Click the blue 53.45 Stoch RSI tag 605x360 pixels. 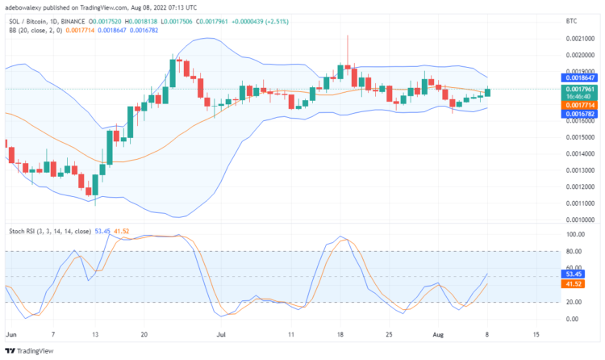(x=572, y=274)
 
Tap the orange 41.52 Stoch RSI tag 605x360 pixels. (x=572, y=284)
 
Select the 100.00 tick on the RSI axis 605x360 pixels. (x=574, y=235)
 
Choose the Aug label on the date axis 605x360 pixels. (x=438, y=333)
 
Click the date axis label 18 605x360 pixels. (x=340, y=333)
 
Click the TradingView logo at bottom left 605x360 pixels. (x=34, y=350)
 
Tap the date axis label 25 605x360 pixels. (x=390, y=333)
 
